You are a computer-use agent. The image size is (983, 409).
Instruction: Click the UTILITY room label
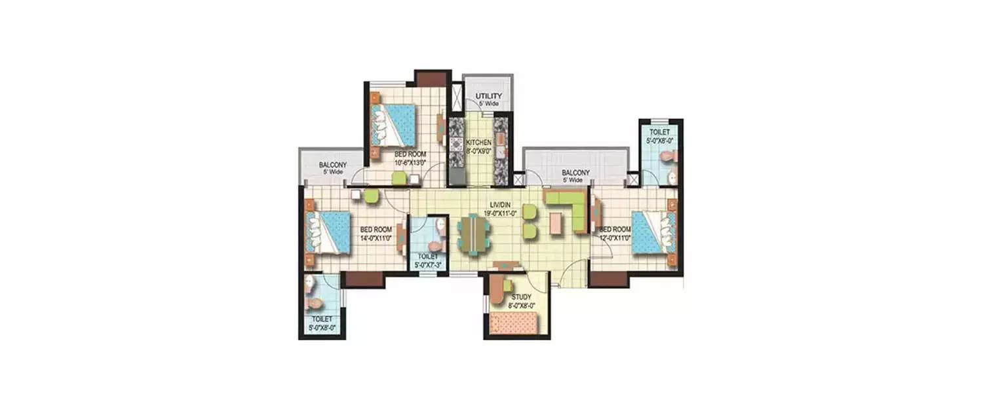(488, 96)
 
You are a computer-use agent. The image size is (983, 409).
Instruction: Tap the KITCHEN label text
(478, 142)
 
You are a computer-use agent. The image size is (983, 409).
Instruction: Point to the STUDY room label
(522, 296)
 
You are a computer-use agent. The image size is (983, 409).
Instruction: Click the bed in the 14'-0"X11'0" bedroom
(328, 232)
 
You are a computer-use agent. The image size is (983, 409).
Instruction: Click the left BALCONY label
(333, 165)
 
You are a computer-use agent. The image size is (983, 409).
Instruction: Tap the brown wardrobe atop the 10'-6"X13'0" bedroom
(431, 77)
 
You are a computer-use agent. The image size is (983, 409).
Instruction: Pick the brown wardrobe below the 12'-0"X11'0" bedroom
(609, 279)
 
